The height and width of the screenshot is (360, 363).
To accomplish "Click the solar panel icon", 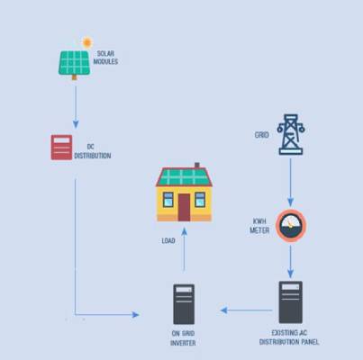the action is coord(74,65).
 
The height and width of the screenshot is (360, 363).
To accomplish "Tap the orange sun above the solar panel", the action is coord(87,42).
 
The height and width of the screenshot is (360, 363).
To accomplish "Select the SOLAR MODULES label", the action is coord(105,58).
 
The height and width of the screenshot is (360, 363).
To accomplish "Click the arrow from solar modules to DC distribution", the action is coord(76,107).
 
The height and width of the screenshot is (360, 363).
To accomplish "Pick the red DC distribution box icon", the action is coord(61,148).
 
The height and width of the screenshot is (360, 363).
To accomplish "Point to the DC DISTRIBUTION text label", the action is coord(93,151).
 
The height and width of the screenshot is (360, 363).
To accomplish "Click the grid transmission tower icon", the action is coord(291,134).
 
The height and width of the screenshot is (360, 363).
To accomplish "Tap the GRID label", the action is coord(261,135).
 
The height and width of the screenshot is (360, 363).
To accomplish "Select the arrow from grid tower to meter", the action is coord(290,183).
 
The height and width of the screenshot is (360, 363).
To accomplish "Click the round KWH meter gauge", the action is coord(291,226).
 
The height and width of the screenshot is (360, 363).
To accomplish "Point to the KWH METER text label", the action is coord(259,226).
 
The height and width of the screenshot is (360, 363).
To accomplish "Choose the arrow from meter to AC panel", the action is coord(290,262).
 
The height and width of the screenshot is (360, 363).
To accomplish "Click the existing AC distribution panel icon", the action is coord(291,302).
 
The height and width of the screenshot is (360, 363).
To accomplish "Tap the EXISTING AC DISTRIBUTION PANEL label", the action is coord(289,337).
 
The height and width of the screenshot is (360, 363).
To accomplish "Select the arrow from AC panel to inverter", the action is coord(247,310).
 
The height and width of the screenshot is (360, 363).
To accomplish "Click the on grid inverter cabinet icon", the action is coord(184,304).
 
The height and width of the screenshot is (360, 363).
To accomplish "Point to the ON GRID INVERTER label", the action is coord(183,338).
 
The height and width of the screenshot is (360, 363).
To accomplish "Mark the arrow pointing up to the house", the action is coord(184,249).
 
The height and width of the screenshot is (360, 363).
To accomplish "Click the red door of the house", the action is coord(184,207).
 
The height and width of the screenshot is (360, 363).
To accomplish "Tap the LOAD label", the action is coord(168,240).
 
